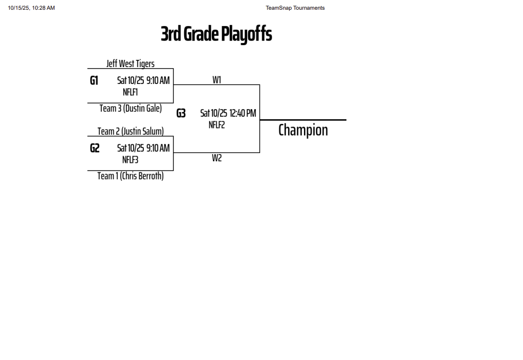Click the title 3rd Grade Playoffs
(216, 34)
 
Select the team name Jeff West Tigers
(130, 63)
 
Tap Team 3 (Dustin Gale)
(130, 108)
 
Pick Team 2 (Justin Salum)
(130, 131)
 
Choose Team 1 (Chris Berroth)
(130, 176)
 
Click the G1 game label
(94, 80)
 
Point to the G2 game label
(95, 148)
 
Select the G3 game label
(181, 113)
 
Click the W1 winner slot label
(217, 79)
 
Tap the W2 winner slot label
(217, 158)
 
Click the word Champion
(303, 130)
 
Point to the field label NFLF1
(130, 92)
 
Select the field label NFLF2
(217, 124)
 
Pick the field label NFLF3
(130, 159)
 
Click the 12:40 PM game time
(243, 113)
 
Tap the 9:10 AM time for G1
(158, 80)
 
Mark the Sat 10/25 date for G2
(130, 148)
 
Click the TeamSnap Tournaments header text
(295, 8)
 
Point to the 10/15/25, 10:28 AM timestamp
(31, 8)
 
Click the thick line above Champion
(303, 120)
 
